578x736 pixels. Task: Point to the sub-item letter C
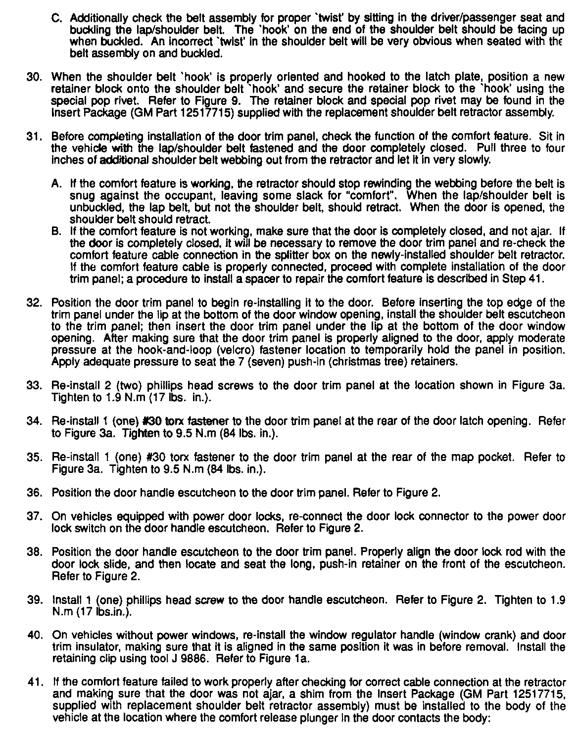tap(56, 18)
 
